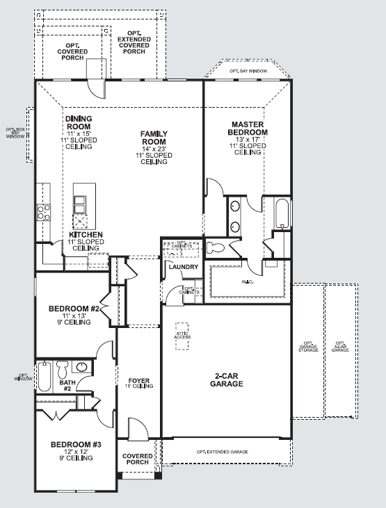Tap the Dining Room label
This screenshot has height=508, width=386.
tap(79, 123)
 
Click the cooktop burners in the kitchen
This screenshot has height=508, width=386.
tap(43, 211)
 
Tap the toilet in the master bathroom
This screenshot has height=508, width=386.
tap(216, 246)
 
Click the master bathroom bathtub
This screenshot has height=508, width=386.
tap(282, 214)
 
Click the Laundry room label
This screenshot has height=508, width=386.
tap(183, 267)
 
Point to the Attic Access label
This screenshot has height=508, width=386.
tap(182, 336)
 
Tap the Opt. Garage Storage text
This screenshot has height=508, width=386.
tap(308, 346)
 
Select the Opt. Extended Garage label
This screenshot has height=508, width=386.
tap(222, 452)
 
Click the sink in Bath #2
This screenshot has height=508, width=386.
tap(81, 368)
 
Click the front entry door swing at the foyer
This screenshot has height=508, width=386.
tap(136, 429)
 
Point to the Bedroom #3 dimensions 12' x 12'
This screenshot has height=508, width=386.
tap(77, 451)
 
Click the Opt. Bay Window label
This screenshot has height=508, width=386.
tap(248, 71)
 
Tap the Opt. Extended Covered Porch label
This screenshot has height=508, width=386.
tap(134, 43)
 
